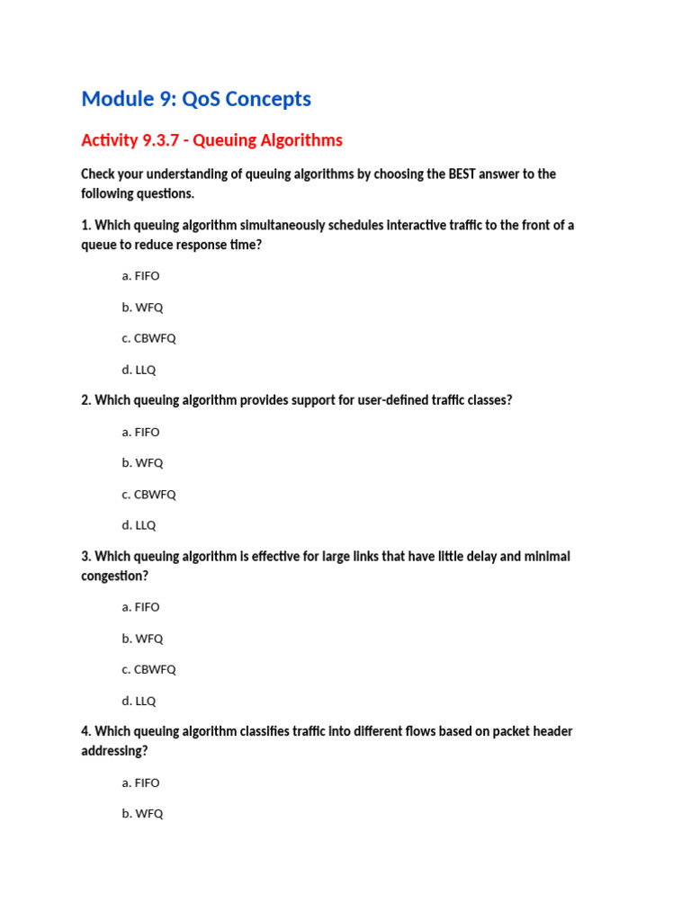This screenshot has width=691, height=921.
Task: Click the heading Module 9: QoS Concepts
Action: click(196, 99)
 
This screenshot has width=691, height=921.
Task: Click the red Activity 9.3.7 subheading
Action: click(211, 140)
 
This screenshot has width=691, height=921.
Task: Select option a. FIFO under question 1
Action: click(140, 276)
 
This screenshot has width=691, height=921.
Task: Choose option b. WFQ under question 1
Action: click(142, 308)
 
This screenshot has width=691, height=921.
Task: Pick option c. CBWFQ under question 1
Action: click(148, 338)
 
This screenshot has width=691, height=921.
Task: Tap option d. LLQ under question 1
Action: click(139, 370)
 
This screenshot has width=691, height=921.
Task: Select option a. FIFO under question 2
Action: click(140, 432)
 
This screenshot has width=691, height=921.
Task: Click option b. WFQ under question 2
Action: click(142, 463)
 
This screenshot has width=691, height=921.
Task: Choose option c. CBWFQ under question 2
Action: click(148, 494)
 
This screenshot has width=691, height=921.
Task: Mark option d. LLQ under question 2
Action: click(139, 525)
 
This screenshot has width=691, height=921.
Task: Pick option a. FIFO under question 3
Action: click(140, 607)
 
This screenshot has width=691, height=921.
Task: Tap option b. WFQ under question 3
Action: click(142, 639)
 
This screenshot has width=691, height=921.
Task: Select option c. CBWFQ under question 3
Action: click(148, 669)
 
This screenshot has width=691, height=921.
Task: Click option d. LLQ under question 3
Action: click(139, 701)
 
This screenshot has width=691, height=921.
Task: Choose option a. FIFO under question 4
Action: click(140, 782)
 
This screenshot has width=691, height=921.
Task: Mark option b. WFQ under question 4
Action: click(142, 814)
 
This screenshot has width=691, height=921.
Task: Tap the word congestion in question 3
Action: click(114, 576)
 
